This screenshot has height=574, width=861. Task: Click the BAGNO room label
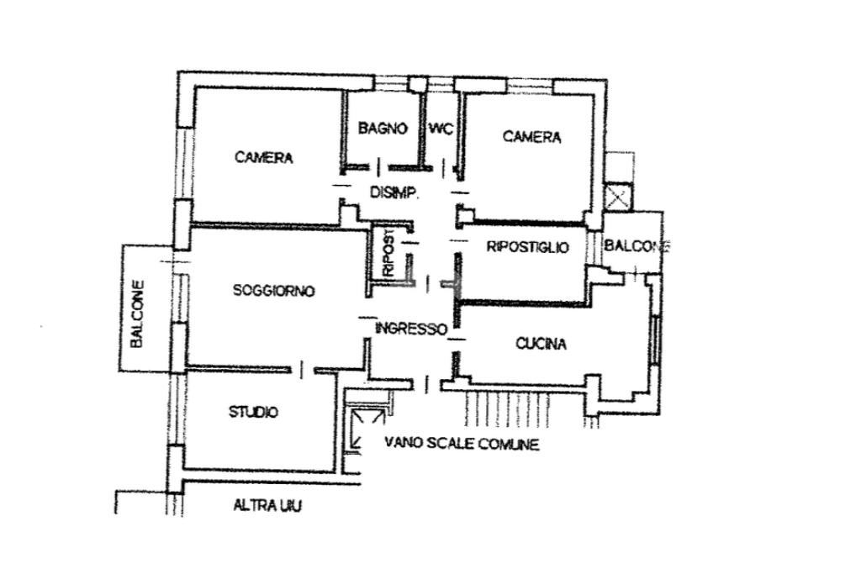pyautogui.click(x=383, y=129)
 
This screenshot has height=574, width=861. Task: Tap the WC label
pyautogui.click(x=441, y=129)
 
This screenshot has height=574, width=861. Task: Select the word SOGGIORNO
pyautogui.click(x=274, y=290)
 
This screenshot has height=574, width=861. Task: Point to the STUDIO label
pyautogui.click(x=253, y=412)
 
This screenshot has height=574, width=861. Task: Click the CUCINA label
pyautogui.click(x=541, y=344)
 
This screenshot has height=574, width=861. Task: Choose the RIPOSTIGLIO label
pyautogui.click(x=528, y=247)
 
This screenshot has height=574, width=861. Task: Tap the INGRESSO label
pyautogui.click(x=411, y=329)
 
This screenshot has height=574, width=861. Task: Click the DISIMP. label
pyautogui.click(x=395, y=193)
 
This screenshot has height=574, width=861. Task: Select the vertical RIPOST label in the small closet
pyautogui.click(x=388, y=252)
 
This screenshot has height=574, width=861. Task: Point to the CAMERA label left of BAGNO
pyautogui.click(x=263, y=157)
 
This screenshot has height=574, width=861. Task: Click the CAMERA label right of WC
pyautogui.click(x=531, y=137)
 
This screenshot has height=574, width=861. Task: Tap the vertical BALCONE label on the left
pyautogui.click(x=137, y=313)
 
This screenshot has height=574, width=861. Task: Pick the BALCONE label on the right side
pyautogui.click(x=637, y=246)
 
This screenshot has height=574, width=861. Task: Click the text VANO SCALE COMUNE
pyautogui.click(x=462, y=443)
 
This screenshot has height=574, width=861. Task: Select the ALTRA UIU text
pyautogui.click(x=267, y=505)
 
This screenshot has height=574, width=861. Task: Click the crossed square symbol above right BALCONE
pyautogui.click(x=618, y=197)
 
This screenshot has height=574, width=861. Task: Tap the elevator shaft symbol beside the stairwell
pyautogui.click(x=364, y=430)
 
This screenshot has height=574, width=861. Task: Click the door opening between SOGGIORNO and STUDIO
pyautogui.click(x=301, y=369)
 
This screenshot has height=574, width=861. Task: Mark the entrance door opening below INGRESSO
pyautogui.click(x=427, y=383)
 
